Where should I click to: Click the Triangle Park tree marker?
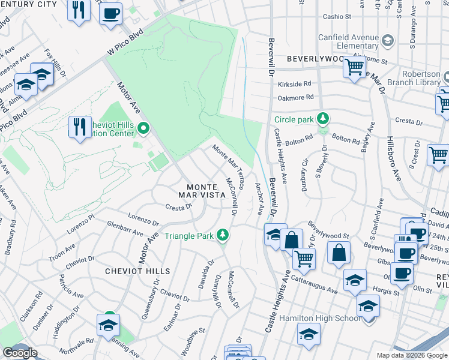coord(223,234)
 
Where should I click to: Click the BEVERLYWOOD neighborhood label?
coord(314,59)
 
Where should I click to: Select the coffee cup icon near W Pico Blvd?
coord(110,13)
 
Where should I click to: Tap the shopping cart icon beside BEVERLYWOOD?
coord(355,66)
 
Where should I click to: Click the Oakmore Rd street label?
coord(295,97)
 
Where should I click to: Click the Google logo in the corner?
coord(20,353)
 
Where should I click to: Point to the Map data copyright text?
coord(412,355)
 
